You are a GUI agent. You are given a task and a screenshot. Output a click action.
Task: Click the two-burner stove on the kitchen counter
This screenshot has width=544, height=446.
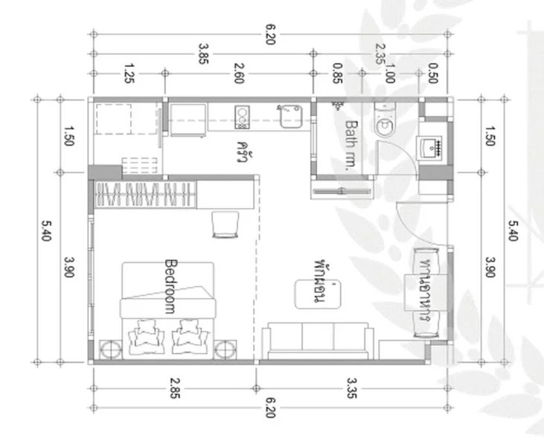243,115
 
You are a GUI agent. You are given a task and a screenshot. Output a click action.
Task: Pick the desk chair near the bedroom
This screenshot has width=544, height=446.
225,224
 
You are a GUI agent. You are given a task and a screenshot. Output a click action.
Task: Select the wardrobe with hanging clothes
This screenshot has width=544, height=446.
144,195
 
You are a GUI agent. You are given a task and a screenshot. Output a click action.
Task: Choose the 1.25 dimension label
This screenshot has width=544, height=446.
128,76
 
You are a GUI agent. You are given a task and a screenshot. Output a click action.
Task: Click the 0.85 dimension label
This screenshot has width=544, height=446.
337,76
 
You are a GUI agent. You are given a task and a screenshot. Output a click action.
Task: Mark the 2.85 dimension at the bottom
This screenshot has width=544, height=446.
174,389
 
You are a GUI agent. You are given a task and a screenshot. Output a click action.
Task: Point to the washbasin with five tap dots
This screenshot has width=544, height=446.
431,147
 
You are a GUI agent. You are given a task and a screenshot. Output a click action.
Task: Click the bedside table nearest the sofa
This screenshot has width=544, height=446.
226,350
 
